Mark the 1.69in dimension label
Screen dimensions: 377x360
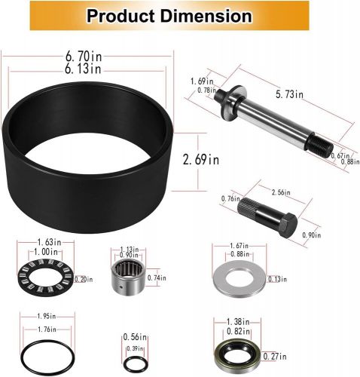click(199, 81)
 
